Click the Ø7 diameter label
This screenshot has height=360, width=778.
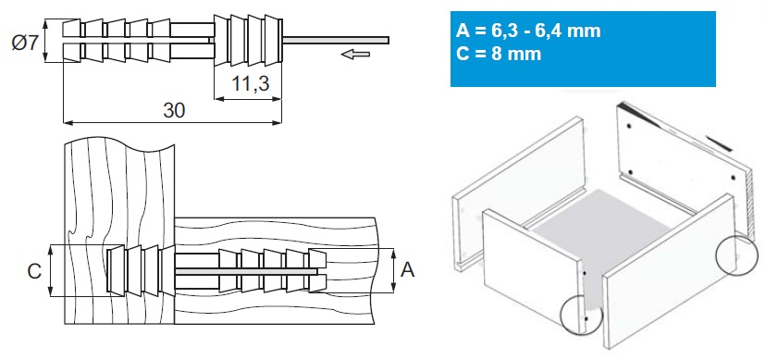[x=25, y=43]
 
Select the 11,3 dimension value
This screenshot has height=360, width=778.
[x=250, y=84]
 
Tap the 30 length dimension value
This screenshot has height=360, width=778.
[x=174, y=110]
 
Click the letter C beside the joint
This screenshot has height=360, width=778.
[x=33, y=271]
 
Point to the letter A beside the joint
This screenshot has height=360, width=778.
[x=407, y=270]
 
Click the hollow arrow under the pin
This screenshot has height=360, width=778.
[x=356, y=53]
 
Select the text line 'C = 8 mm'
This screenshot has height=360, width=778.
[x=499, y=53]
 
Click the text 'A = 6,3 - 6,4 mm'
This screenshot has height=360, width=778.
[x=528, y=31]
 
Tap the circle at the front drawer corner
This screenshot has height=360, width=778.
[x=580, y=315]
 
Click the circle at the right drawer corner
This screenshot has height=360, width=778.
[x=737, y=254]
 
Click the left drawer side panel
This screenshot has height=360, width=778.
[x=518, y=193]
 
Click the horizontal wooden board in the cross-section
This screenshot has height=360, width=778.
[x=276, y=271]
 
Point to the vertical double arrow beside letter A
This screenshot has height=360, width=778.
[x=393, y=270]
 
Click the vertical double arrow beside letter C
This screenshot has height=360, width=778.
[x=52, y=270]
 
